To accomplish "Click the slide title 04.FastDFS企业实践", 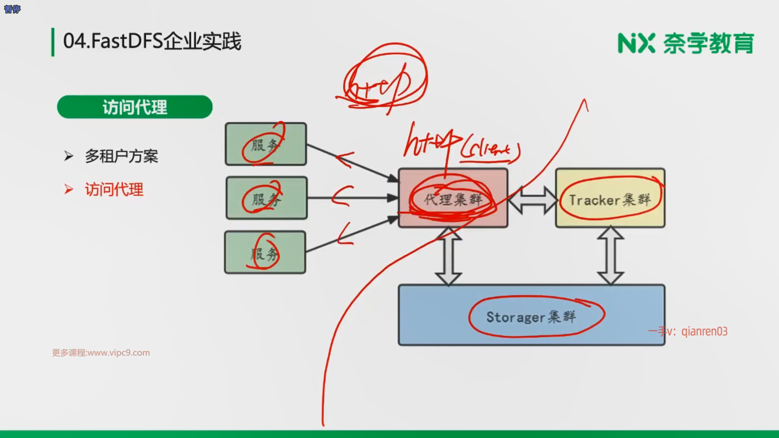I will pyautogui.click(x=152, y=41).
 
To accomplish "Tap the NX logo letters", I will pyautogui.click(x=636, y=43).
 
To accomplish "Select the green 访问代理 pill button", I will pyautogui.click(x=135, y=107).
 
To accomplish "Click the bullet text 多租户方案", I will pyautogui.click(x=121, y=156).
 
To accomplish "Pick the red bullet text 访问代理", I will pyautogui.click(x=114, y=189).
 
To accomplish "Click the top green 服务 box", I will pyautogui.click(x=266, y=144).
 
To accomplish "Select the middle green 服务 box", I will pyautogui.click(x=267, y=198).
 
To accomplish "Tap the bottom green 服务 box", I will pyautogui.click(x=265, y=252).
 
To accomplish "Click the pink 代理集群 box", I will pyautogui.click(x=453, y=198).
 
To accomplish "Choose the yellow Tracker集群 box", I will pyautogui.click(x=610, y=198).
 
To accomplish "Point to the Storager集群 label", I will pyautogui.click(x=531, y=317).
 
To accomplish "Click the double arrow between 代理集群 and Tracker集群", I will pyautogui.click(x=532, y=200).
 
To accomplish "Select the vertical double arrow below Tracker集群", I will pyautogui.click(x=611, y=256).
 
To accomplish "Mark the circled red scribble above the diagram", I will pyautogui.click(x=383, y=79).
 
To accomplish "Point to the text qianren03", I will pyautogui.click(x=704, y=331).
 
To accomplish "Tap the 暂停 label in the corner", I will pyautogui.click(x=12, y=9).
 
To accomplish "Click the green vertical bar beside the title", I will pyautogui.click(x=53, y=42).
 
